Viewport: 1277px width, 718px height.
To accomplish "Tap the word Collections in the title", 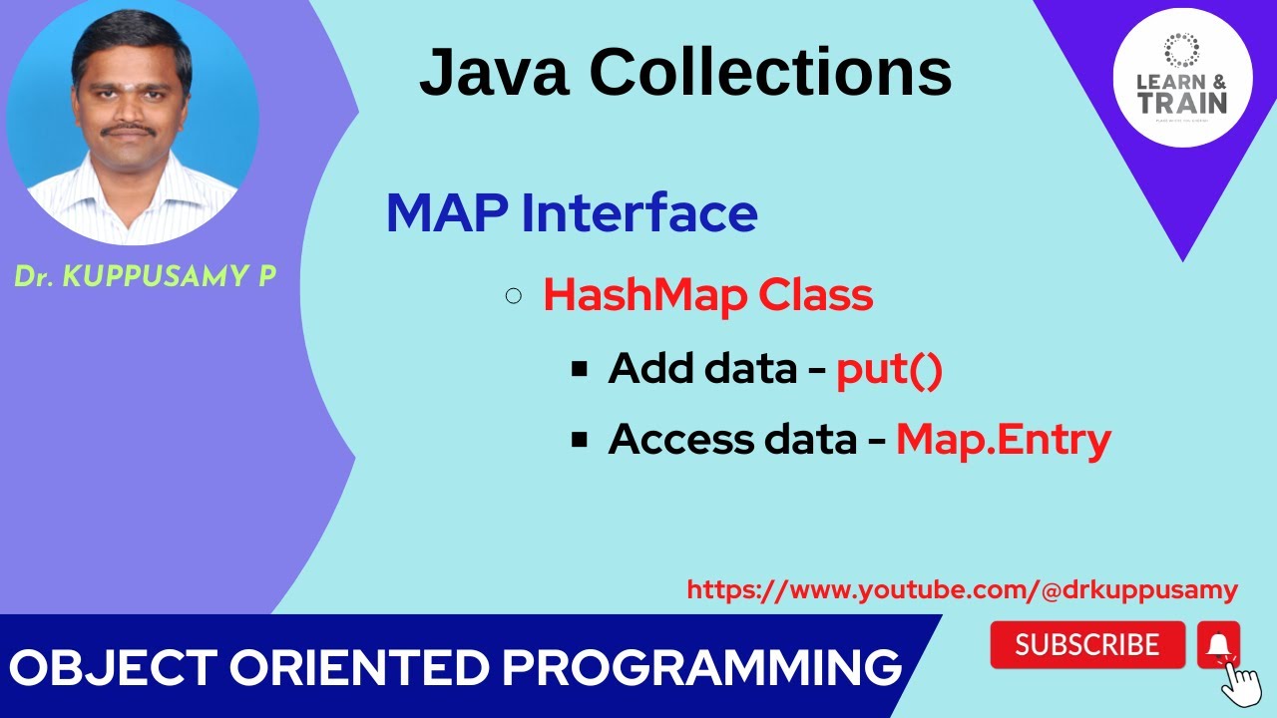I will (772, 73).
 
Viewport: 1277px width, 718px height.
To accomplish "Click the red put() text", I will (889, 369).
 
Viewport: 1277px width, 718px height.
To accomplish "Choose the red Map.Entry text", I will (1003, 439).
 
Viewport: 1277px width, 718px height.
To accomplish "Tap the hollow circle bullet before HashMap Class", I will (514, 295).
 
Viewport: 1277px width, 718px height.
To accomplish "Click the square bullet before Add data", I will (579, 369).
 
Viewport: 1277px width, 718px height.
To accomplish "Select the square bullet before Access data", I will (579, 439).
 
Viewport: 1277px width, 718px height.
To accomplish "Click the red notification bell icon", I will (1218, 645).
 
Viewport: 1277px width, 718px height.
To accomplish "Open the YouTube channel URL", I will (962, 589).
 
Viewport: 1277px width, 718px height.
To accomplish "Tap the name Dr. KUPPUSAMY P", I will (145, 277).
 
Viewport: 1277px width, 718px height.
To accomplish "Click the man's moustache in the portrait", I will (130, 130).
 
